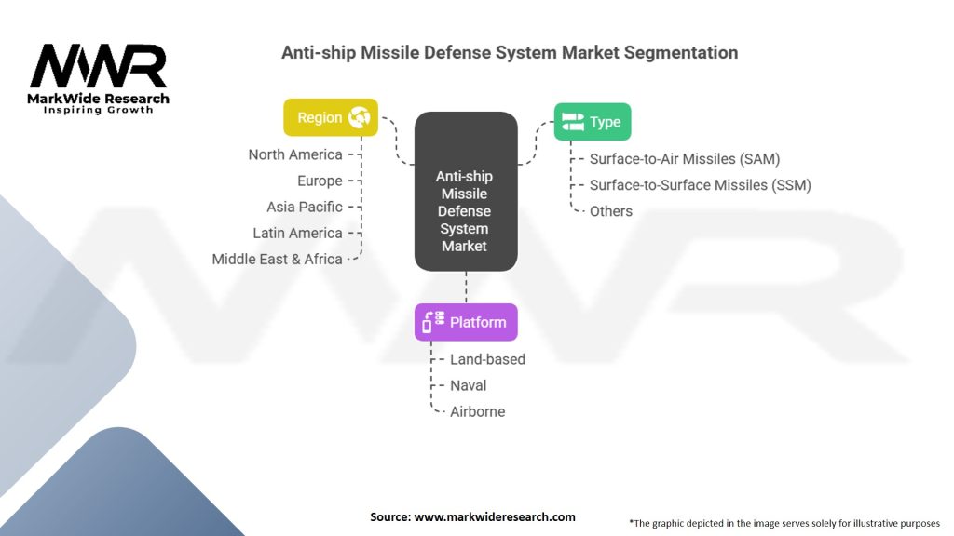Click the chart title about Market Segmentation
(x=510, y=53)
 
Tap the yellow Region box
(x=331, y=117)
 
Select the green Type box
(x=593, y=122)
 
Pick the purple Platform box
(x=466, y=322)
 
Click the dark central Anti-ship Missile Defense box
(x=465, y=192)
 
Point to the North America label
(x=295, y=154)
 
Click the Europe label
(x=320, y=181)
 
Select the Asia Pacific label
(x=305, y=207)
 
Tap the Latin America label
(x=297, y=233)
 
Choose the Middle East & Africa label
(x=277, y=259)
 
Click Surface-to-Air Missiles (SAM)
(x=685, y=159)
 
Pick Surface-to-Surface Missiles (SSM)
(x=700, y=185)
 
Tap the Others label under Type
(x=611, y=211)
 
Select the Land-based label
(x=487, y=359)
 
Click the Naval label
(x=468, y=385)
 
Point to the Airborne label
(x=477, y=411)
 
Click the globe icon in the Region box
(x=360, y=117)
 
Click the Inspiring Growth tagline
(x=98, y=110)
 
